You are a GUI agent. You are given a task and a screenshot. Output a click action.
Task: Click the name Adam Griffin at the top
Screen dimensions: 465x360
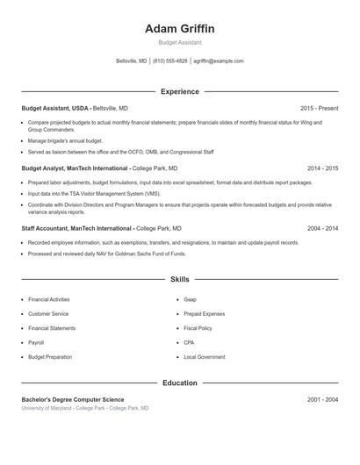click(x=179, y=29)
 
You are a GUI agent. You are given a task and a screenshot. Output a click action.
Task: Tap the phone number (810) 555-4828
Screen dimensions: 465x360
click(x=170, y=61)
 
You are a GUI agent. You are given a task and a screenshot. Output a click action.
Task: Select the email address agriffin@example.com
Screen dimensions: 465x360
click(x=219, y=61)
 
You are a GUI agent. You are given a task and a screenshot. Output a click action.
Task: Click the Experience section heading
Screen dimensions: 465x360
click(x=179, y=91)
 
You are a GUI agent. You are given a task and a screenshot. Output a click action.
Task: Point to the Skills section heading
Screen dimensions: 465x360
click(x=179, y=280)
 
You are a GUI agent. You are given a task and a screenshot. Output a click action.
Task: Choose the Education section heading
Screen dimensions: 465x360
click(x=179, y=383)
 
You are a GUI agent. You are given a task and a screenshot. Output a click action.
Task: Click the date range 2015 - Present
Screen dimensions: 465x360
click(x=319, y=108)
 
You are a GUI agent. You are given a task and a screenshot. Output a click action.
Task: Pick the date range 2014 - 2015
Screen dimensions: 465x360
click(x=322, y=168)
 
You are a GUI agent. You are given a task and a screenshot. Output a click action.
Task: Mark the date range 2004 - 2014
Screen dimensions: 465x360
click(x=322, y=228)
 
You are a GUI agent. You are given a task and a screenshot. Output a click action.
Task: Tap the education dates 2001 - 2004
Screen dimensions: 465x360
click(x=322, y=399)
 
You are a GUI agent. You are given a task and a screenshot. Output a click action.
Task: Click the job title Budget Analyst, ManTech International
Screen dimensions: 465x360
click(x=76, y=168)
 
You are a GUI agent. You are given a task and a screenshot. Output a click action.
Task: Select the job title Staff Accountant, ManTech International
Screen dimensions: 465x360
click(x=77, y=228)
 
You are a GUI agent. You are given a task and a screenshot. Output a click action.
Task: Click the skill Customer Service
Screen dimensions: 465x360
click(x=48, y=313)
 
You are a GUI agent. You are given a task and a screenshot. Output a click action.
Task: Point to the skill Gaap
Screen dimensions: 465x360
click(x=191, y=299)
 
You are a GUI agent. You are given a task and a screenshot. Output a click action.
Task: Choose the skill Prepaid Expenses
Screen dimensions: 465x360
click(x=205, y=313)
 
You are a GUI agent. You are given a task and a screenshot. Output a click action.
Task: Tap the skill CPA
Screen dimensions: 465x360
click(x=190, y=342)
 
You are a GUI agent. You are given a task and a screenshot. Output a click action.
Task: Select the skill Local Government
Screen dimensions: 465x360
click(x=205, y=357)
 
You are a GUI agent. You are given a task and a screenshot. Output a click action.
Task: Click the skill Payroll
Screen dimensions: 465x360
click(x=36, y=342)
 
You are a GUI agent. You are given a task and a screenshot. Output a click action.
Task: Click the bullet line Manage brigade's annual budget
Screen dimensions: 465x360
click(x=65, y=140)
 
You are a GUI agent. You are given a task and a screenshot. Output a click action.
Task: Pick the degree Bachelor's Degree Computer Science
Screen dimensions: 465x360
click(x=72, y=399)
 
